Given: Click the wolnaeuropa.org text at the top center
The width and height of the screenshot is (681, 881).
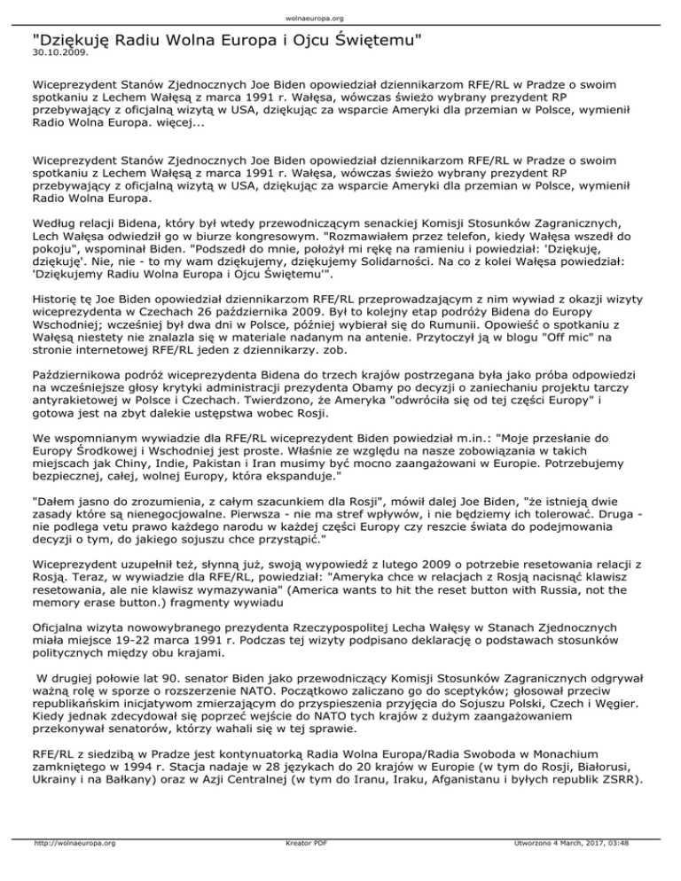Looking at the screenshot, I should click(340, 17).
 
